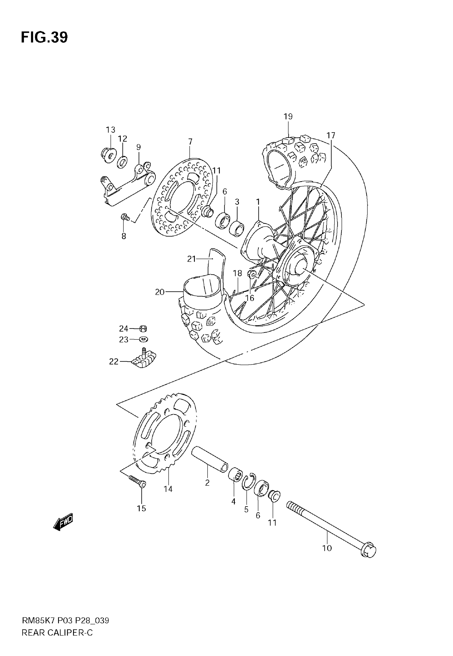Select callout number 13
pyautogui.click(x=110, y=130)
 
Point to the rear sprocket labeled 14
pyautogui.click(x=165, y=434)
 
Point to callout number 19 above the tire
pyautogui.click(x=288, y=116)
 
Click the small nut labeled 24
pyautogui.click(x=143, y=329)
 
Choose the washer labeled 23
pyautogui.click(x=144, y=339)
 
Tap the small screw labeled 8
pyautogui.click(x=125, y=217)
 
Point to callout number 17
pyautogui.click(x=331, y=135)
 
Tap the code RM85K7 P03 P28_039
pyautogui.click(x=65, y=621)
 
